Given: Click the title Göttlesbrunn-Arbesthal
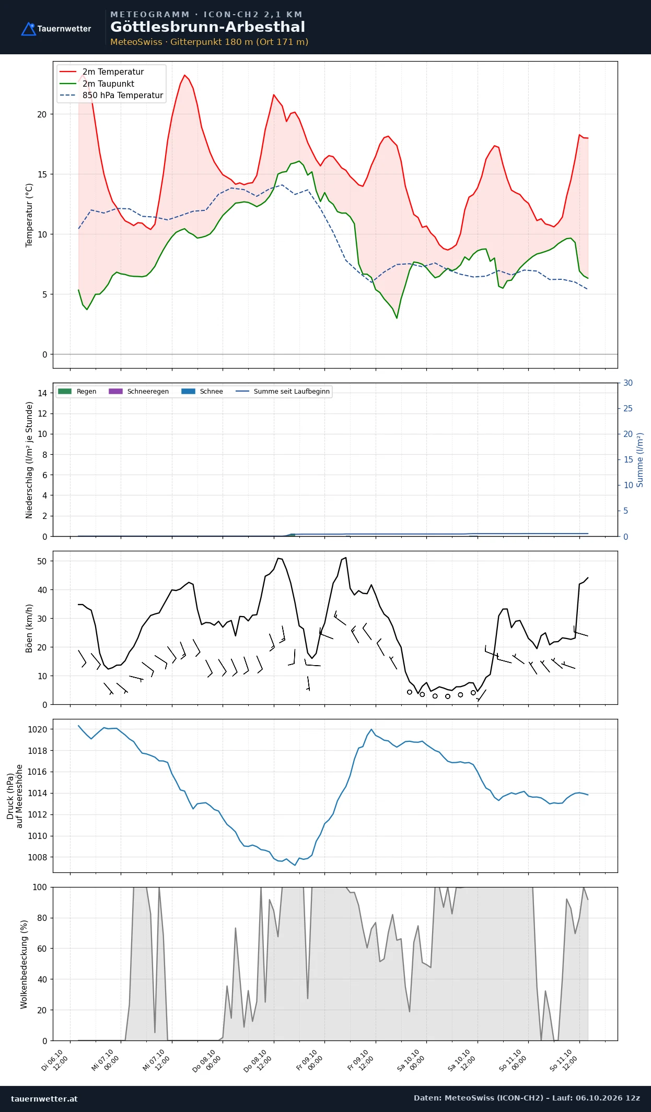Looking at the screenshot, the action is coord(207,27).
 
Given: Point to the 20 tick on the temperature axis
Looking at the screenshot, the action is coord(42,114).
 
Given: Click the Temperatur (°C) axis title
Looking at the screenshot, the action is coord(29,215).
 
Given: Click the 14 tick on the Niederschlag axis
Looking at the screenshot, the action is coord(42,393).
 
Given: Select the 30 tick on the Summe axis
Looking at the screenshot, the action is coord(628,383).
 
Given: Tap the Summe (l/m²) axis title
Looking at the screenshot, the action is coord(640,460).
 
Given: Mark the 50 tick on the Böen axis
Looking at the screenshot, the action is coord(42,561).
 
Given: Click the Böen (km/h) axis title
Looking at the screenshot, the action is coord(29,628).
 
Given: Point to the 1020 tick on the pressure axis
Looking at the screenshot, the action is coord(37,729).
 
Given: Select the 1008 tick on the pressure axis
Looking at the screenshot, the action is coord(37,857).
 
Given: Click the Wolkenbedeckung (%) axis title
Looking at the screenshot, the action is coord(24,964).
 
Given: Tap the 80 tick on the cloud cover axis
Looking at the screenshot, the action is coord(42,918).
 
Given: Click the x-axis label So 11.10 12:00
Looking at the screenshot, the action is coord(564,1060).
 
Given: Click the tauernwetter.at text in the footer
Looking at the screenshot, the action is coord(44,1098).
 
